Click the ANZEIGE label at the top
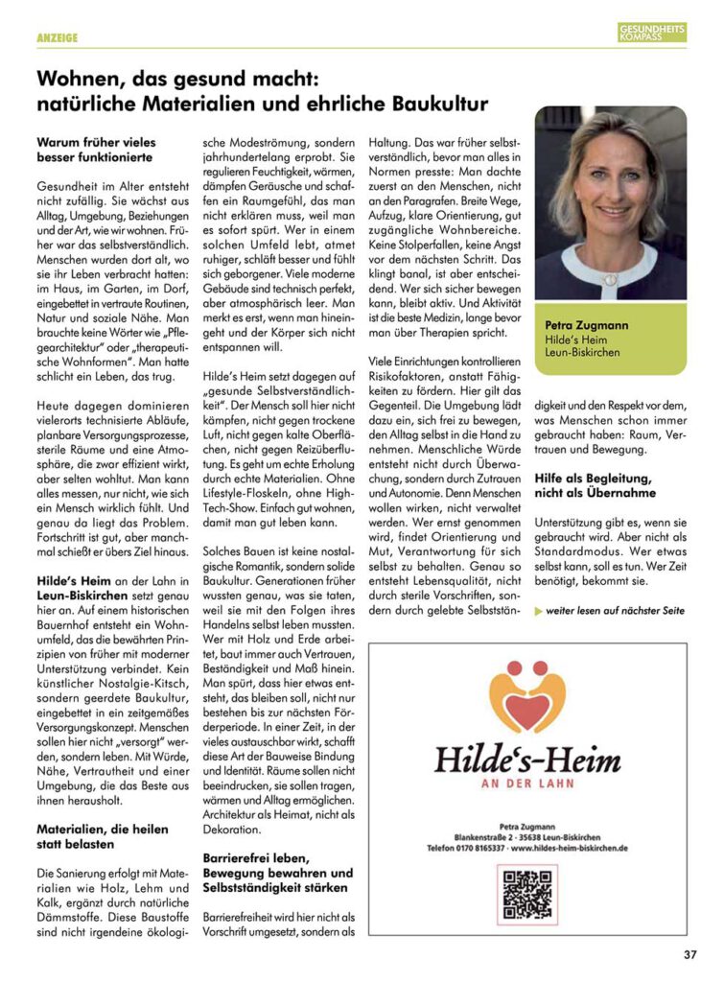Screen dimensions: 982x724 57,37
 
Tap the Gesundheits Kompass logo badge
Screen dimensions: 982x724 652,33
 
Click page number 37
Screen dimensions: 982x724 690,954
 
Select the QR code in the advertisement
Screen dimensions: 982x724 527,894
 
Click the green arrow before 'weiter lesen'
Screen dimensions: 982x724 538,611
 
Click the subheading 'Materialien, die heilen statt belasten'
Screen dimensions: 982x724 102,836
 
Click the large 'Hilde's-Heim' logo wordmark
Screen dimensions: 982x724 527,759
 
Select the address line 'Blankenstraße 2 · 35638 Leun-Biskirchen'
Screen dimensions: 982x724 527,836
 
